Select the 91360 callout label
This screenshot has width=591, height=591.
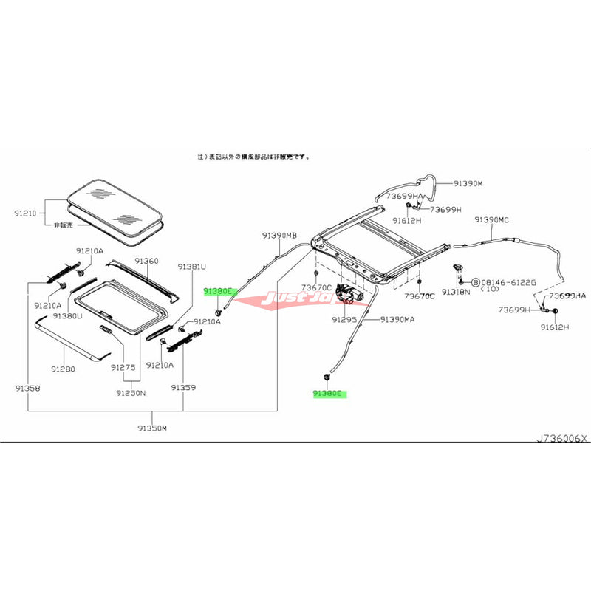146,262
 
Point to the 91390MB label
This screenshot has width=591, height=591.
279,236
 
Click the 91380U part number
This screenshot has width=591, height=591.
68,315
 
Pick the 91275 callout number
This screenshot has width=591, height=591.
123,367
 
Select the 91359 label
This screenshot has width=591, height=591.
182,387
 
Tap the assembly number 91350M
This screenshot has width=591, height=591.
152,428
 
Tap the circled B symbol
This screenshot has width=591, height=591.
475,282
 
